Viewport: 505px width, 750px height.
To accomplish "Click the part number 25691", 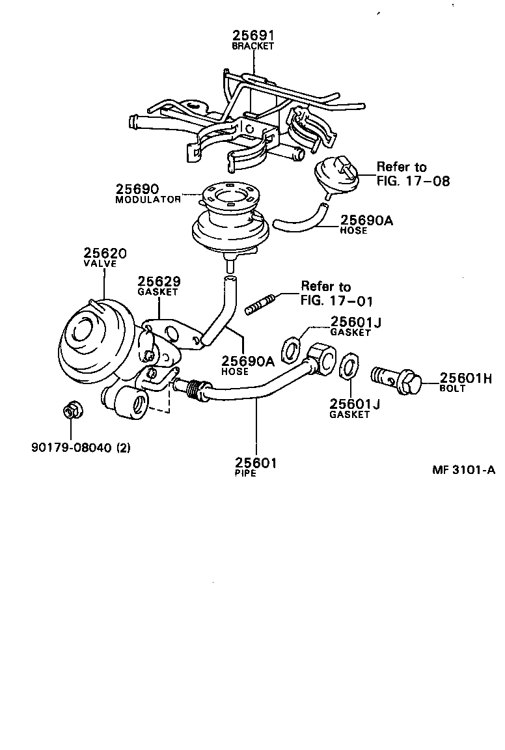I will tap(253, 36).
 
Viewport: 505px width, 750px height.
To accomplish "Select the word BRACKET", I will tap(253, 47).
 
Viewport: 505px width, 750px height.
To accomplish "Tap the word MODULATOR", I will tap(148, 200).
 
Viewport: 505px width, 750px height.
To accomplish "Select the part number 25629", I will tap(158, 281).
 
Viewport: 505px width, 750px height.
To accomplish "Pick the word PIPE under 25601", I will tap(245, 473).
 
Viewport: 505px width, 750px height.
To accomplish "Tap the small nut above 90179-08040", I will tap(70, 411).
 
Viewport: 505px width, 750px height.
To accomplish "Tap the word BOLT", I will tap(453, 389).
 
